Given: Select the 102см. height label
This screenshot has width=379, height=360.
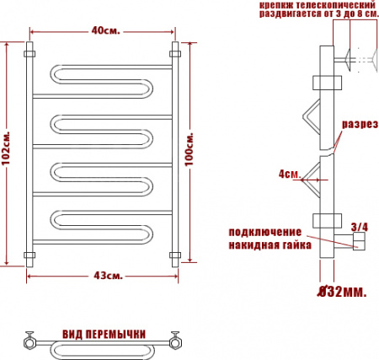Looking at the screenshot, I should coord(8,149).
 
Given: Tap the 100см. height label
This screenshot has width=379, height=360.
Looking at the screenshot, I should coord(189,149).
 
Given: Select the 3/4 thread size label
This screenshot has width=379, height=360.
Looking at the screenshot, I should coord(359,226).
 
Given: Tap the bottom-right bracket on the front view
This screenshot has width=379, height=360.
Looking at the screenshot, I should coord(175,254).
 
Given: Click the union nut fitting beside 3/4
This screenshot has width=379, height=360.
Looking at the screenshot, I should coord(357,244).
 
